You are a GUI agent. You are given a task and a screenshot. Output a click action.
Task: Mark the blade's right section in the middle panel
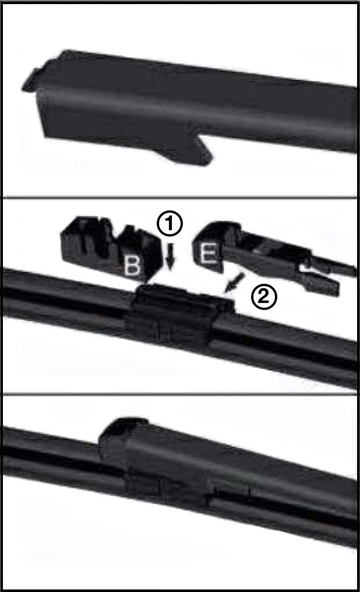tap(291, 344)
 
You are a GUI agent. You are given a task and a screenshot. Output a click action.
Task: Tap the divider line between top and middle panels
tap(180, 196)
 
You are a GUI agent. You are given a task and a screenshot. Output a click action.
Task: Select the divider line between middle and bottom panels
tap(180, 394)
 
